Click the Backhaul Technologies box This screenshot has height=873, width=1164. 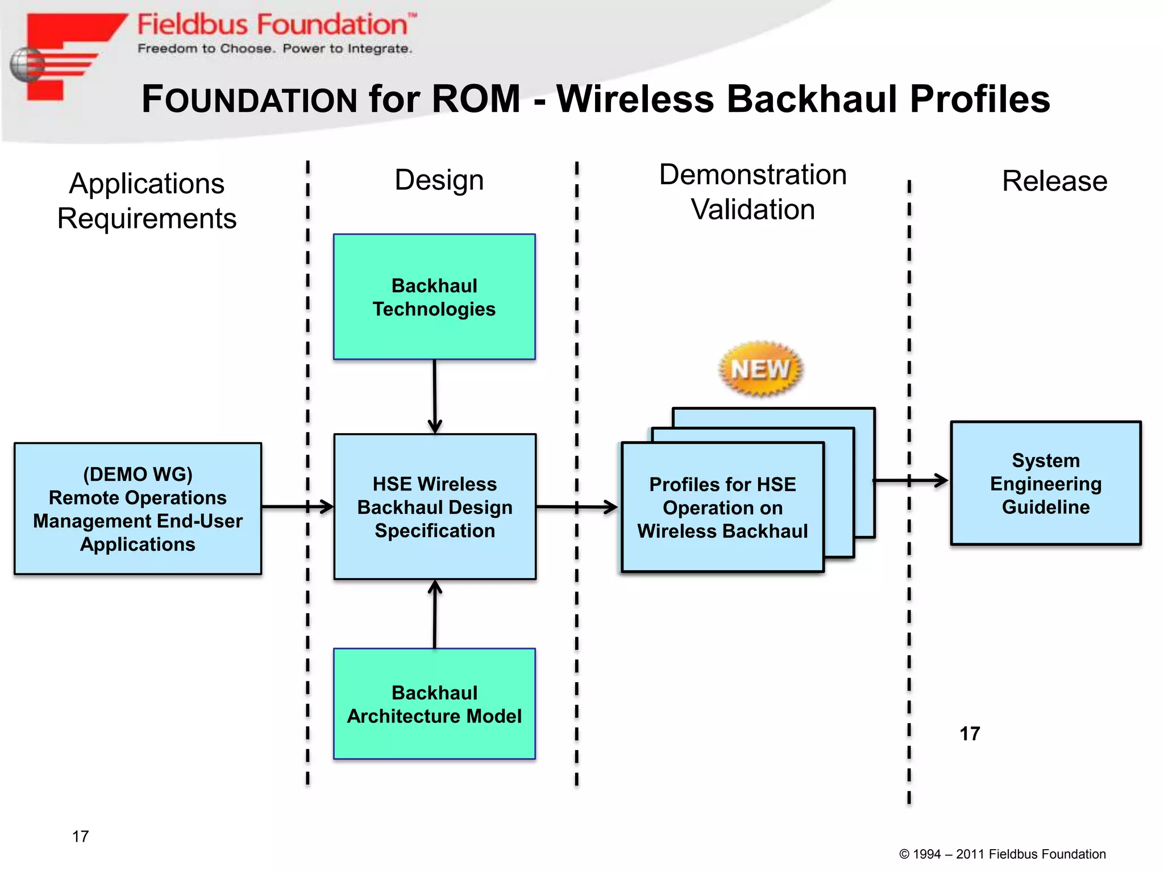pyautogui.click(x=434, y=297)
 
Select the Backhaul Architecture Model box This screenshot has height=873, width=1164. pyautogui.click(x=434, y=704)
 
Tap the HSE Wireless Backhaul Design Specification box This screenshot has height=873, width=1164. pyautogui.click(x=434, y=507)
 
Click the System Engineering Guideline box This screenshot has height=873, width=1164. pyautogui.click(x=1046, y=483)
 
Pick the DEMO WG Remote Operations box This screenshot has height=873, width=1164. pyautogui.click(x=138, y=509)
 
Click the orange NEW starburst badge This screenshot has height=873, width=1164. pyautogui.click(x=760, y=369)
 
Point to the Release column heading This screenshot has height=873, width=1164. pyautogui.click(x=1054, y=181)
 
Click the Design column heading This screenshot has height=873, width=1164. pyautogui.click(x=439, y=180)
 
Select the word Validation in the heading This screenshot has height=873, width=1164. pyautogui.click(x=753, y=210)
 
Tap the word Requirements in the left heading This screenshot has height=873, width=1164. pyautogui.click(x=147, y=219)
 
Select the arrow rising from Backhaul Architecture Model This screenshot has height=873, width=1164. pyautogui.click(x=435, y=614)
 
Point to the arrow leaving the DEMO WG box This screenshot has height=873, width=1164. pyautogui.click(x=297, y=506)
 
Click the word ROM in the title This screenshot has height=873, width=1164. pyautogui.click(x=476, y=99)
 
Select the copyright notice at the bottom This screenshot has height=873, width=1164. pyautogui.click(x=1002, y=854)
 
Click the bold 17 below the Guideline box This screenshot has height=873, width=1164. pyautogui.click(x=970, y=734)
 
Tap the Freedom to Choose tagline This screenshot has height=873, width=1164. pyautogui.click(x=275, y=49)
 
